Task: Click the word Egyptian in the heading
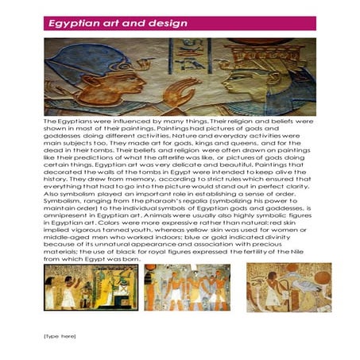(73, 23)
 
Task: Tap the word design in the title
(166, 23)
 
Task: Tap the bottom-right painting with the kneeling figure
(277, 287)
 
